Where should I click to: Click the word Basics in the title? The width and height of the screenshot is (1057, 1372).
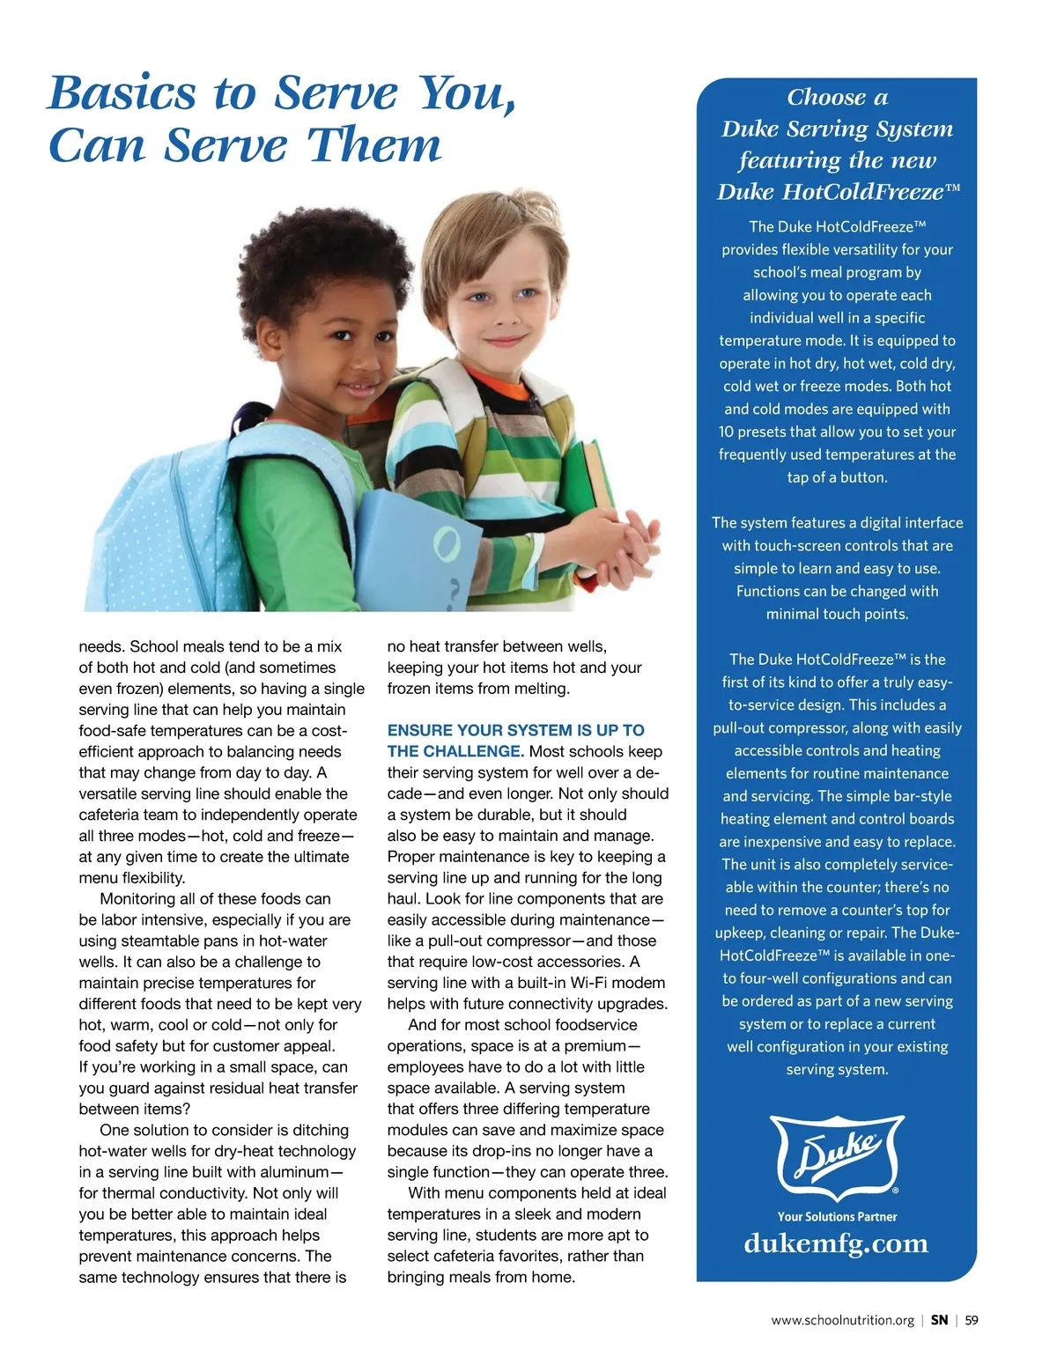(x=122, y=93)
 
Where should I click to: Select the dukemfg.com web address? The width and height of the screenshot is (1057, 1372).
(x=836, y=1243)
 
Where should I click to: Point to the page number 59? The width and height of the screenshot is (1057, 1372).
(x=971, y=1320)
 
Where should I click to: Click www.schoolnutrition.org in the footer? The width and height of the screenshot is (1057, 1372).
(x=842, y=1320)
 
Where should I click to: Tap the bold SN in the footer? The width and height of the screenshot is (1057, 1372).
(x=939, y=1320)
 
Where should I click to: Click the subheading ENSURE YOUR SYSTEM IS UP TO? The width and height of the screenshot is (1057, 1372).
(x=515, y=730)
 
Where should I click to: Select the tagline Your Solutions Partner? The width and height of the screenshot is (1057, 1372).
(x=837, y=1216)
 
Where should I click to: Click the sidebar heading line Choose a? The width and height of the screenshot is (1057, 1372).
(x=837, y=97)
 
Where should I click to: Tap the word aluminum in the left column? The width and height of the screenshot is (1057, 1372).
(x=287, y=1172)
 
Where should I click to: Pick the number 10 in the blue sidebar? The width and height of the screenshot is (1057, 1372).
(x=726, y=432)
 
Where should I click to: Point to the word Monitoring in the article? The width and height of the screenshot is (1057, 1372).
(x=142, y=898)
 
